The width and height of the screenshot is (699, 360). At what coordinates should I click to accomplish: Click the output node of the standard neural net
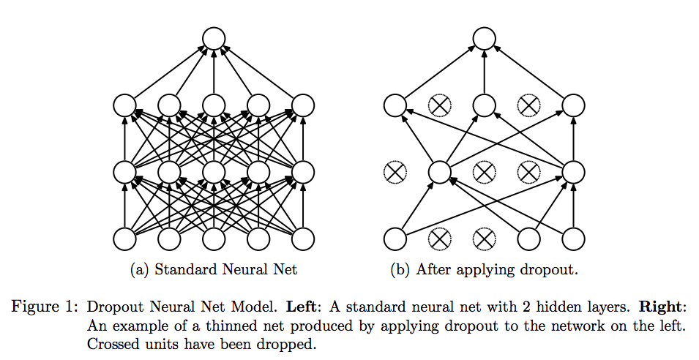pyautogui.click(x=213, y=38)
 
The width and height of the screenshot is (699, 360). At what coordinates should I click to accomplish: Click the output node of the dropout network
pyautogui.click(x=484, y=38)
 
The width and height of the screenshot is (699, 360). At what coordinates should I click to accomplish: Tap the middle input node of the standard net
pyautogui.click(x=213, y=239)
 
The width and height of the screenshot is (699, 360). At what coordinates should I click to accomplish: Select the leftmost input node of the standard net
pyautogui.click(x=124, y=239)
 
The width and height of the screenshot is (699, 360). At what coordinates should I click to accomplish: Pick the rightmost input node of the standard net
pyautogui.click(x=302, y=239)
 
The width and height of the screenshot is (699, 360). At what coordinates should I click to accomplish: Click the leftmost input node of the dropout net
pyautogui.click(x=395, y=239)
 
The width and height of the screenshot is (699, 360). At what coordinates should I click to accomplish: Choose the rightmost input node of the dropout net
pyautogui.click(x=573, y=239)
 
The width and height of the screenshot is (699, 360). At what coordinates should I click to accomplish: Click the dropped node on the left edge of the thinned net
pyautogui.click(x=395, y=173)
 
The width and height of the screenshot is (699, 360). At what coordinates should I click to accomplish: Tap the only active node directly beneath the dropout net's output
pyautogui.click(x=484, y=106)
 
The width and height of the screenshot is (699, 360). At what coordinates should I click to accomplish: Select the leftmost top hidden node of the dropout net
pyautogui.click(x=395, y=106)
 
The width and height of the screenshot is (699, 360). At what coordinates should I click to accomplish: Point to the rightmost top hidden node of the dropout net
pyautogui.click(x=573, y=106)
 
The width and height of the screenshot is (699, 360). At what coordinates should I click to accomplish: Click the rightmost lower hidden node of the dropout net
pyautogui.click(x=573, y=173)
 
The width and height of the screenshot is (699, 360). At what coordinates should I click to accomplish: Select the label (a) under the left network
pyautogui.click(x=140, y=270)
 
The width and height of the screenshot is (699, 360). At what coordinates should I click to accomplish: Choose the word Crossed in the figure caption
pyautogui.click(x=110, y=342)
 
